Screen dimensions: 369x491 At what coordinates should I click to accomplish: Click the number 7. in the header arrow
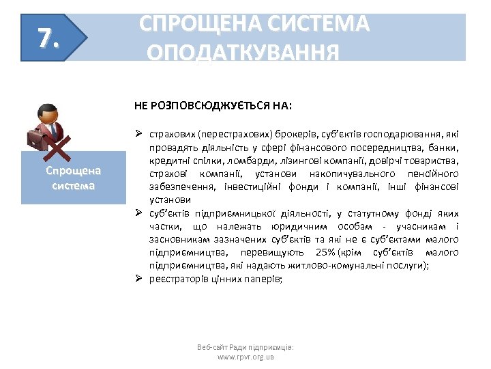[45, 39]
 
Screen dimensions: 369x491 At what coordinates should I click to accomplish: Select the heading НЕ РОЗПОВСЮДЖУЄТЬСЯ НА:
[213, 107]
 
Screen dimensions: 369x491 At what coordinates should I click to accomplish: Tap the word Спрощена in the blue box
[73, 171]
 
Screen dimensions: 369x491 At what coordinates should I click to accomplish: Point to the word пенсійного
[434, 174]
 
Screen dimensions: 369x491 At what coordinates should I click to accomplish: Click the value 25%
[321, 252]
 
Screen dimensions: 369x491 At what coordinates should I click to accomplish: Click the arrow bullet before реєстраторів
[138, 279]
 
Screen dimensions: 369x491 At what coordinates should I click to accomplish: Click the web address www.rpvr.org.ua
[245, 357]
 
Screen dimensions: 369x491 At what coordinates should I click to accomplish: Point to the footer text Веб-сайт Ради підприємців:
[245, 347]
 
